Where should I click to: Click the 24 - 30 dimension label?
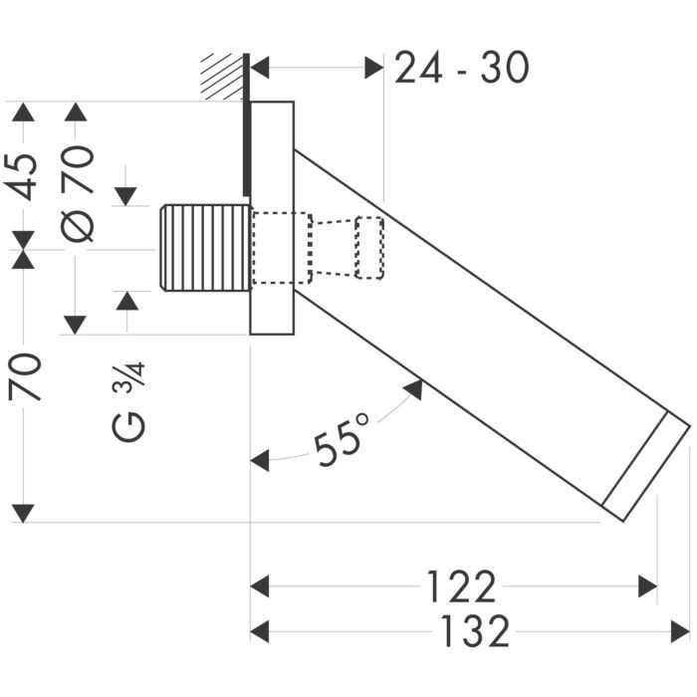click(461, 68)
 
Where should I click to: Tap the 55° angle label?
click(342, 441)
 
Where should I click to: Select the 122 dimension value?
click(461, 587)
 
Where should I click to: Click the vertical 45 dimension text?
click(24, 176)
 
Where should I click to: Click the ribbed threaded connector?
click(203, 247)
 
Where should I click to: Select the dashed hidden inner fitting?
click(319, 247)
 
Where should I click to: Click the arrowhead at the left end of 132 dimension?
click(259, 631)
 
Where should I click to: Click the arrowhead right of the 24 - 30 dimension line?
click(374, 68)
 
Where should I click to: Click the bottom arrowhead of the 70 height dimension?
click(23, 513)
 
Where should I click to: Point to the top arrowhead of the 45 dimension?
click(23, 111)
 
